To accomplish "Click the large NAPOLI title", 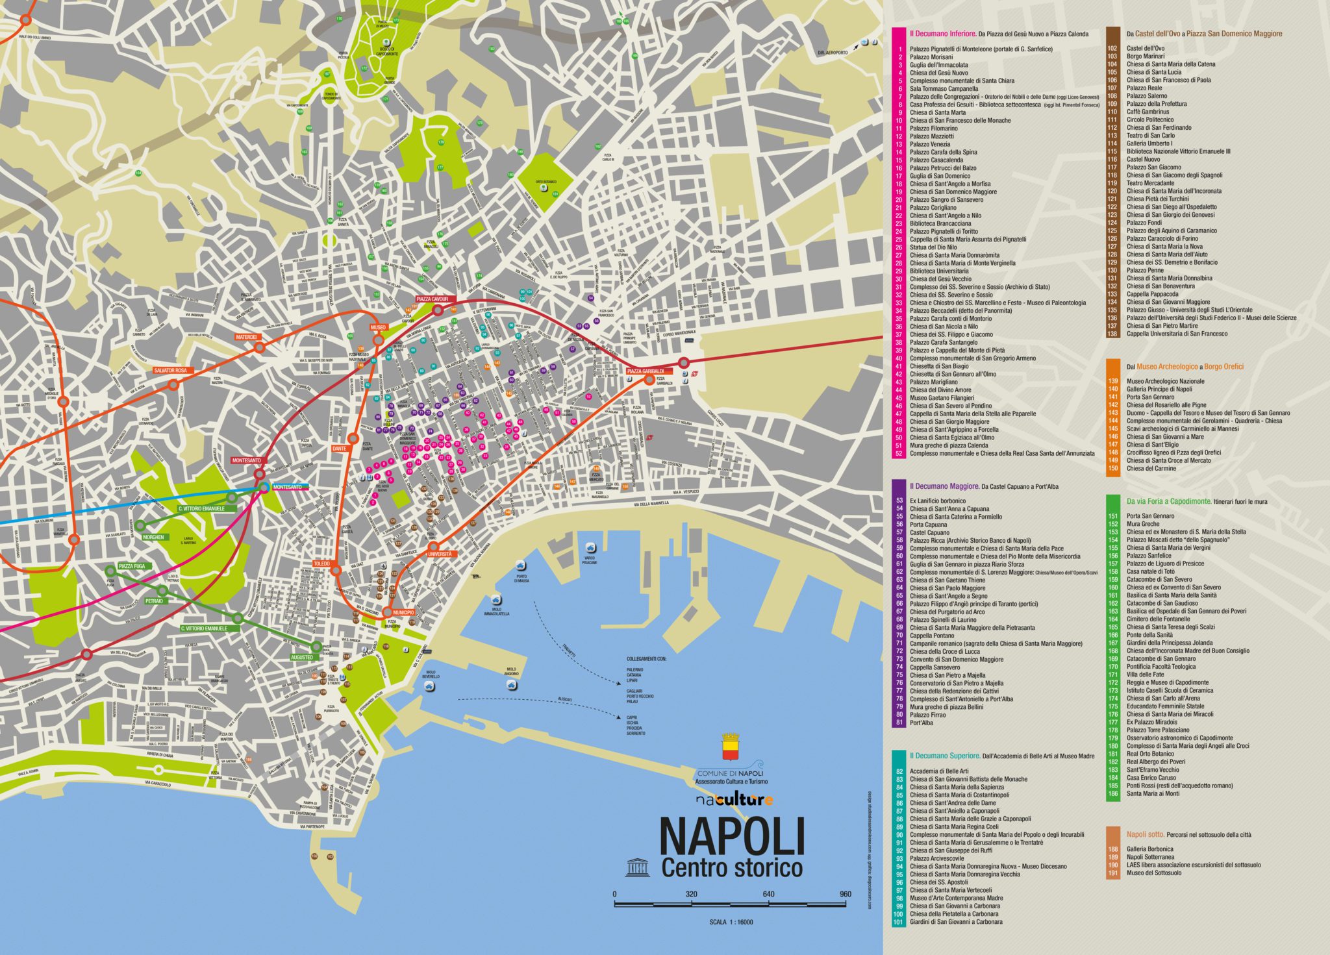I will click(x=732, y=837).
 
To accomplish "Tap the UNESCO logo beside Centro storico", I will click(x=637, y=867).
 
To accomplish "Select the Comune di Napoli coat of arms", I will click(x=731, y=747).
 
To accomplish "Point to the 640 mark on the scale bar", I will click(x=768, y=894).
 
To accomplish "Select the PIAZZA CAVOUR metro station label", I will click(x=433, y=299).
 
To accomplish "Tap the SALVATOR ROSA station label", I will click(x=170, y=370).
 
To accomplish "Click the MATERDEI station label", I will click(x=246, y=337).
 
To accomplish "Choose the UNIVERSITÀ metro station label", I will click(x=440, y=554).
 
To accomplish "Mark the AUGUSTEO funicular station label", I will click(x=301, y=657).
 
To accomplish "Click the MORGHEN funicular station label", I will click(x=153, y=537).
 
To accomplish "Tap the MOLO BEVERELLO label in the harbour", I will click(x=431, y=675).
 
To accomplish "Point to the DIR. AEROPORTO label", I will click(x=833, y=53).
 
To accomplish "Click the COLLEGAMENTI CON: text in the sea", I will click(x=646, y=658).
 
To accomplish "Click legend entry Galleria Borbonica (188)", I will click(x=1149, y=849).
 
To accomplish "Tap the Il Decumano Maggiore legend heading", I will click(x=944, y=486).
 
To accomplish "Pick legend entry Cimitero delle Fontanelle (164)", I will click(x=1158, y=619).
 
